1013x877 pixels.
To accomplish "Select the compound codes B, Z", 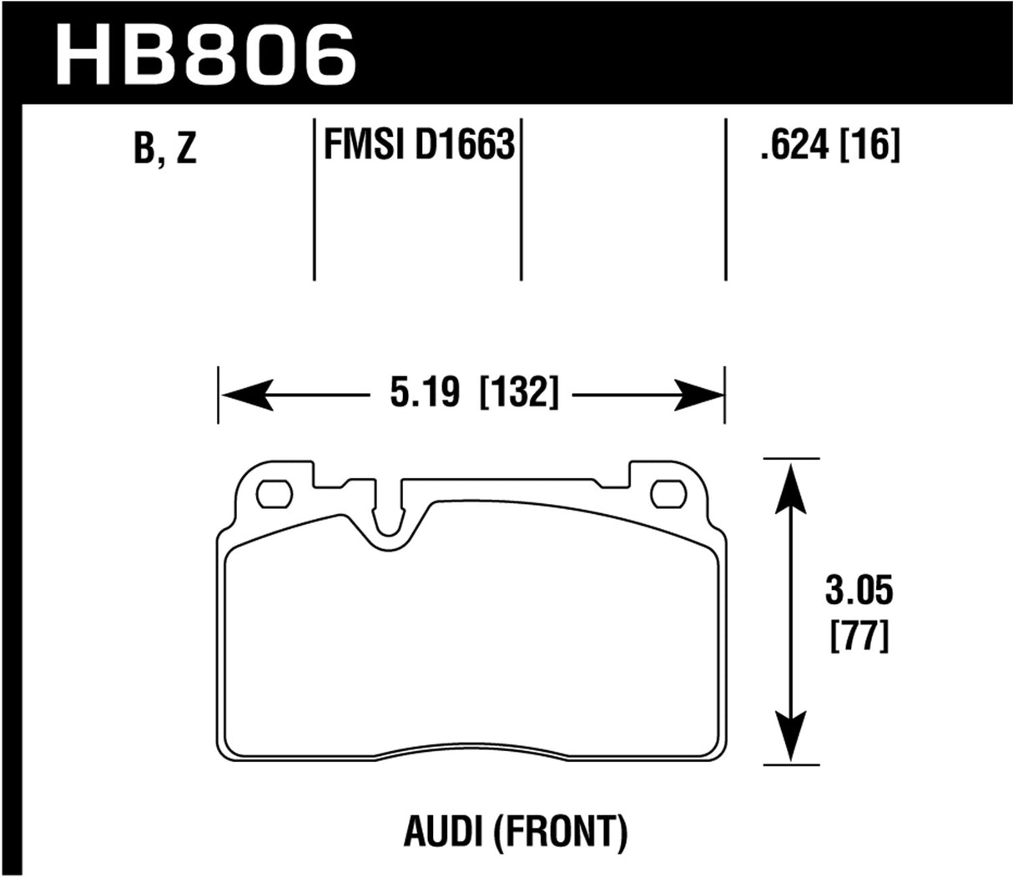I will point(164,150).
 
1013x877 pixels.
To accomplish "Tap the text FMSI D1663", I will point(416,145).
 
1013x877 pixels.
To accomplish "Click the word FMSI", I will point(362,145).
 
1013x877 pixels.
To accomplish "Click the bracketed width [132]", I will point(517,392).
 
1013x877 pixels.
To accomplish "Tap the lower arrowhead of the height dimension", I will point(790,738).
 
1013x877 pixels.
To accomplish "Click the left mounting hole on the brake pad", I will point(273,494).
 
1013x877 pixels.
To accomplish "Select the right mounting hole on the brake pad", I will point(667,494).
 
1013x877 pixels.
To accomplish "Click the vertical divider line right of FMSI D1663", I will point(521,200).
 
